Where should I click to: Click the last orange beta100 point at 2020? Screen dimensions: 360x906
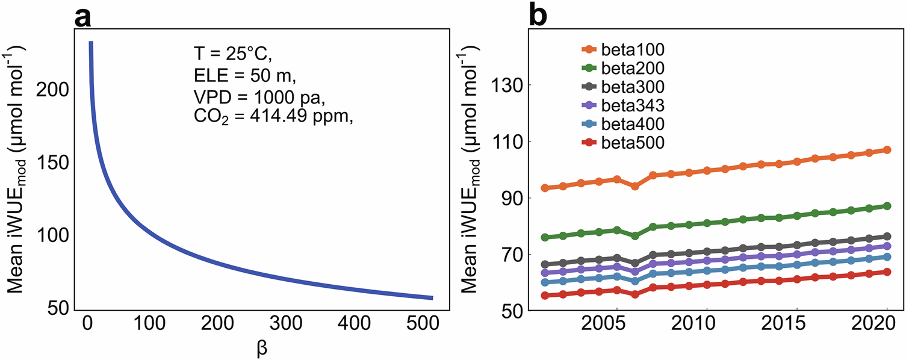pyautogui.click(x=886, y=150)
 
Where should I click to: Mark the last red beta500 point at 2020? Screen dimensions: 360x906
pyautogui.click(x=886, y=272)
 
